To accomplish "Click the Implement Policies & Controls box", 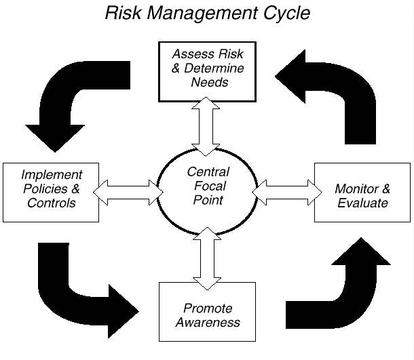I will point(52,192).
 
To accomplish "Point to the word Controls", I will point(52,203).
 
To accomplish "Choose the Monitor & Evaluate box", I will point(362,193).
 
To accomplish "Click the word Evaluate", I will point(362,203).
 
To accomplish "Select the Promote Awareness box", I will point(207,312).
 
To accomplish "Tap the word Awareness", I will point(208,322).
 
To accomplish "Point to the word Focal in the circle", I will point(208,186).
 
